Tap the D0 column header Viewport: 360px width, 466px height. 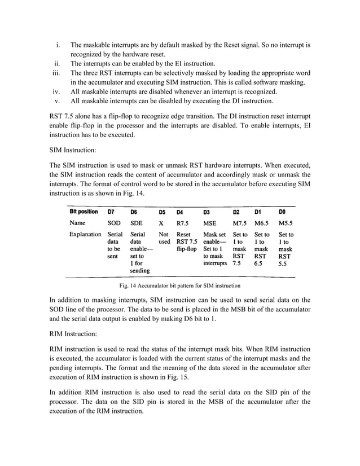coord(283,212)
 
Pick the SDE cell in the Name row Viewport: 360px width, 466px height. coord(137,223)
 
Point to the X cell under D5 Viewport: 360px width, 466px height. coord(161,223)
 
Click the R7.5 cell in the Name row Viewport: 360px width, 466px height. coord(183,223)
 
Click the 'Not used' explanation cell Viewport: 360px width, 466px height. coord(164,238)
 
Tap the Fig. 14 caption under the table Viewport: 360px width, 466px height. coord(180,286)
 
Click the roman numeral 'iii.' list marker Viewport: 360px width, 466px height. coord(56,73)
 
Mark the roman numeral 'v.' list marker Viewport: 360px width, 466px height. coord(58,101)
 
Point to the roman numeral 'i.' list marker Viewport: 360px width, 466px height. coord(58,44)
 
